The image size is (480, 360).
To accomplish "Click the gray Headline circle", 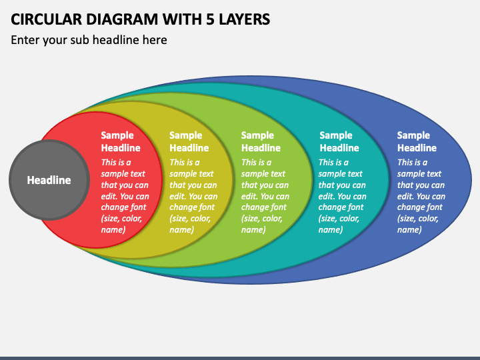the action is pos(49,180).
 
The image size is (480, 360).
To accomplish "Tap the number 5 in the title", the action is pos(210,19).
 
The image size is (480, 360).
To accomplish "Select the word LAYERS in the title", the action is pos(244,19).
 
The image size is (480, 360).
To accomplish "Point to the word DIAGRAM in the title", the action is pos(122,19).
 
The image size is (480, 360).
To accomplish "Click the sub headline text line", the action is pos(89,40).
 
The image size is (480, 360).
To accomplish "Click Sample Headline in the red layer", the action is pos(121,141).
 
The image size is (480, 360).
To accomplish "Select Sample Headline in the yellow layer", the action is pos(189,141).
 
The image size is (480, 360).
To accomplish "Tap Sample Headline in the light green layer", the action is pos(261,141).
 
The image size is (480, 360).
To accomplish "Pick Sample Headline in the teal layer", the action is pos(339,141).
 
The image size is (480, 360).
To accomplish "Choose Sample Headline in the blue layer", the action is pos(417,141).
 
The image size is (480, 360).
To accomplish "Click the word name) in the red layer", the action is pos(113,229).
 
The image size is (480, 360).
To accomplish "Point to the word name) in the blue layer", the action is pos(409,229).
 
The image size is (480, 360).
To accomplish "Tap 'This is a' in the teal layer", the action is pos(333,162).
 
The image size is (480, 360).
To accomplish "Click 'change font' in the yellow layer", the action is pos(192,207).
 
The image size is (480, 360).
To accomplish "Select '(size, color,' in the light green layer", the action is pos(262,219).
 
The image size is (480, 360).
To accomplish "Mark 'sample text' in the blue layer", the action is pos(419,173).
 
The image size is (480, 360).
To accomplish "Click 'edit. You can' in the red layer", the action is pos(125,196).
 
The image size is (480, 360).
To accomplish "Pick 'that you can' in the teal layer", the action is pos(342,185).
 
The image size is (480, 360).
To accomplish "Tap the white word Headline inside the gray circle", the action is pos(49,180).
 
